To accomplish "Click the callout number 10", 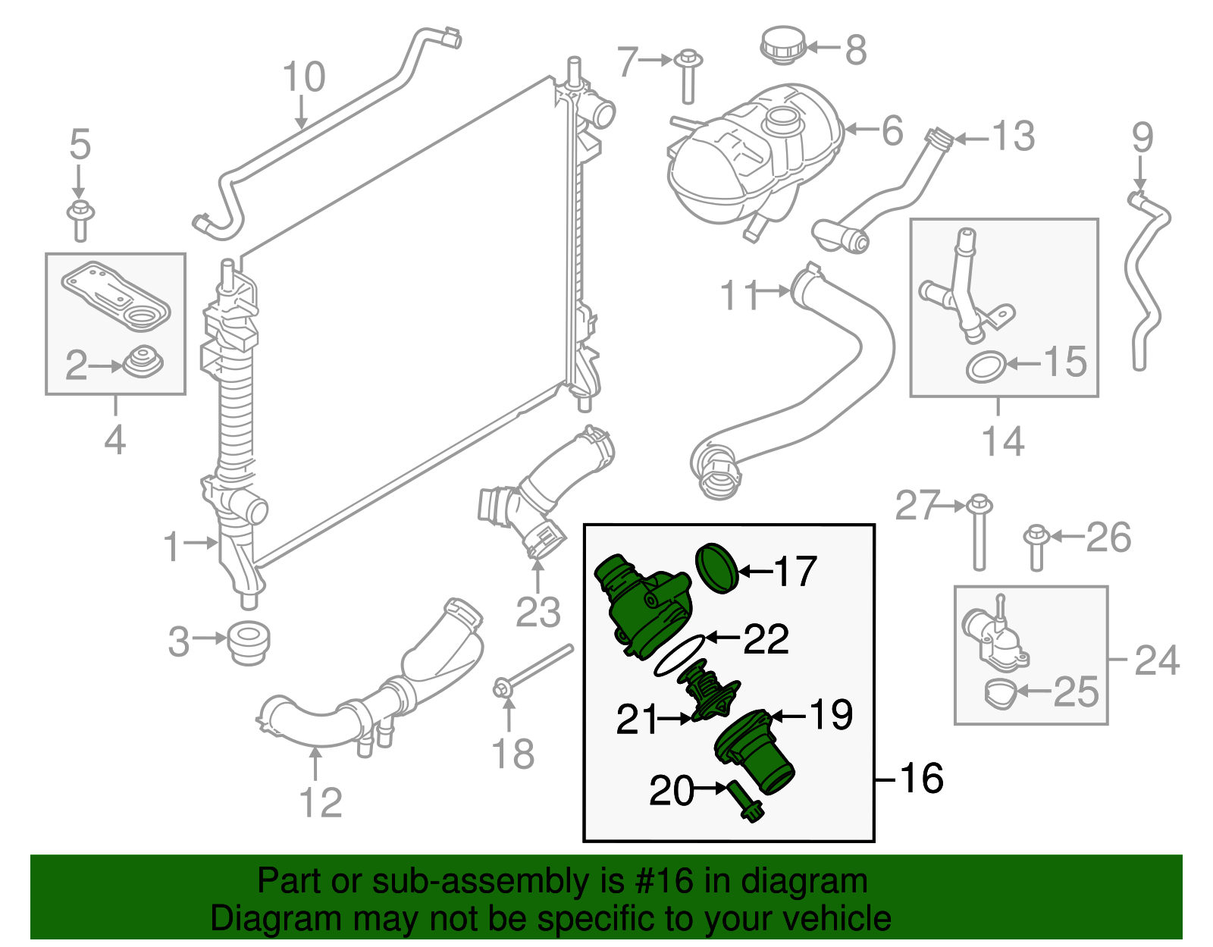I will tap(304, 77).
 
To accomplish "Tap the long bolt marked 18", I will tap(534, 667).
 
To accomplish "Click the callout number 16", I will tap(921, 778).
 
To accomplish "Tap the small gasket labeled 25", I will tap(1000, 693).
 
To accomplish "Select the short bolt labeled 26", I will tap(1036, 548).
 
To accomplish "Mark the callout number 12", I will tap(321, 803).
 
